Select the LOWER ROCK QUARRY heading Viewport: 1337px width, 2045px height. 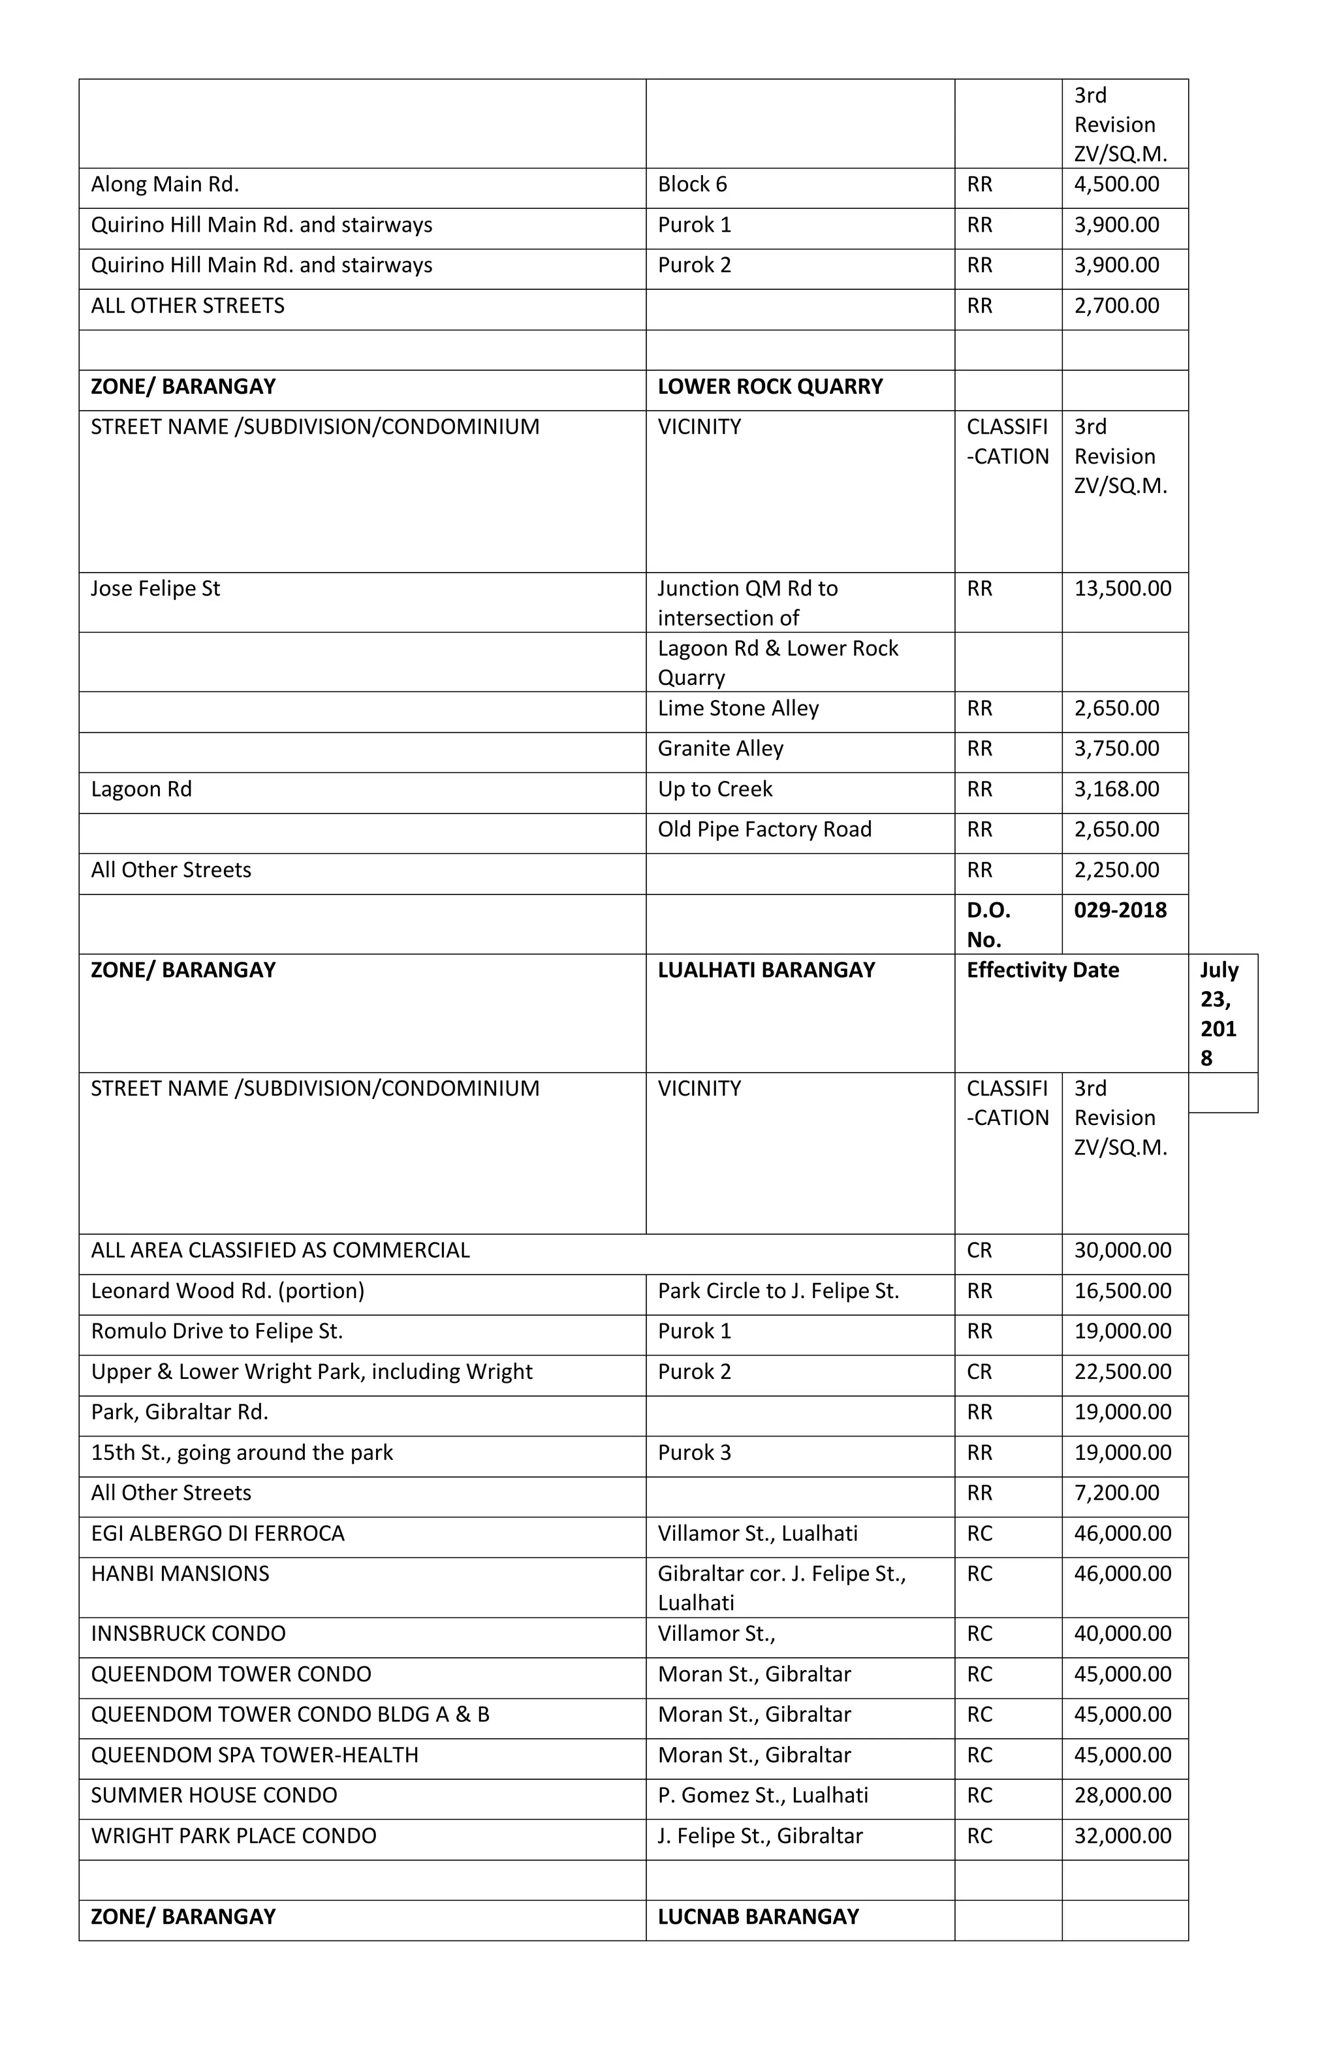(x=769, y=387)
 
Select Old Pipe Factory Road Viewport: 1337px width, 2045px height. (x=764, y=829)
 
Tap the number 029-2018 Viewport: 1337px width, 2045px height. (x=1120, y=910)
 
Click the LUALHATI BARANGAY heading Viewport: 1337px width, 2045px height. (x=766, y=970)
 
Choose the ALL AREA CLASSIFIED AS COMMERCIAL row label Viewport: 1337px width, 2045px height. (x=280, y=1250)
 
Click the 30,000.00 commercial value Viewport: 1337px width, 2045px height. (x=1122, y=1250)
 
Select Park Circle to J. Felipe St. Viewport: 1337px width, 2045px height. (x=778, y=1291)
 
